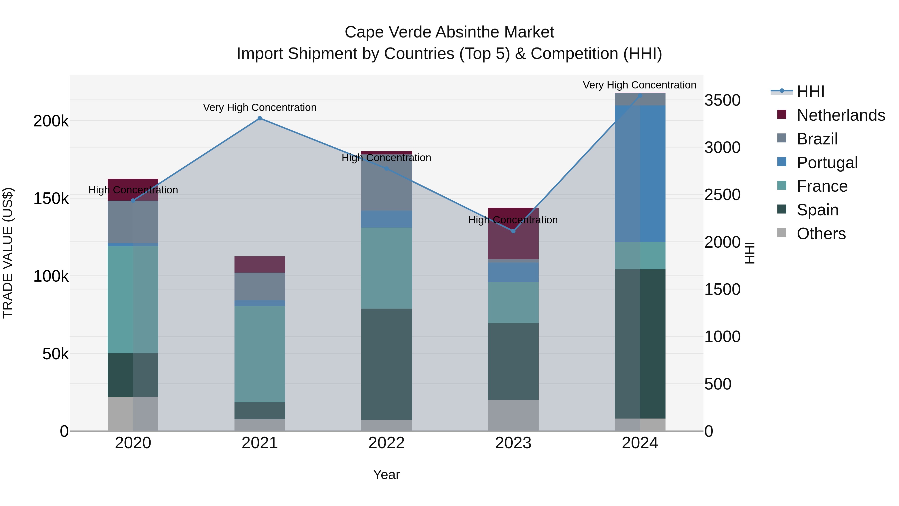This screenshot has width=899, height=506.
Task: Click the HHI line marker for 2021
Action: point(260,118)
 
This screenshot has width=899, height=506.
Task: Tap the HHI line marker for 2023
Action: point(513,231)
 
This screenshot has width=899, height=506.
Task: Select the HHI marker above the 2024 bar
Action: point(640,95)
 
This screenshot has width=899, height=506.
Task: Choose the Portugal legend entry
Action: point(827,163)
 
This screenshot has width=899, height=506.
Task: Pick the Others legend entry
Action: point(821,234)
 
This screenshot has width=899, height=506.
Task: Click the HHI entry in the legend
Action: point(810,91)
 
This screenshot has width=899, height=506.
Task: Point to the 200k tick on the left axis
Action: point(51,121)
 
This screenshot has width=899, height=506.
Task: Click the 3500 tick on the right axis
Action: point(722,100)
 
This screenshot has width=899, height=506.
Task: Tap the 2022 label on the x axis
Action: point(386,443)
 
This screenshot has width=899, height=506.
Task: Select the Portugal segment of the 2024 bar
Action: point(640,174)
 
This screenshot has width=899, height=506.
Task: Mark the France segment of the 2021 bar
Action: point(260,354)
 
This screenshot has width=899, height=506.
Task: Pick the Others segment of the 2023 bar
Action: point(513,415)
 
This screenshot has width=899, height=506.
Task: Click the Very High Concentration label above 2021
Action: point(260,107)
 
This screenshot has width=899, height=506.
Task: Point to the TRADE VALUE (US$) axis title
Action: point(8,253)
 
